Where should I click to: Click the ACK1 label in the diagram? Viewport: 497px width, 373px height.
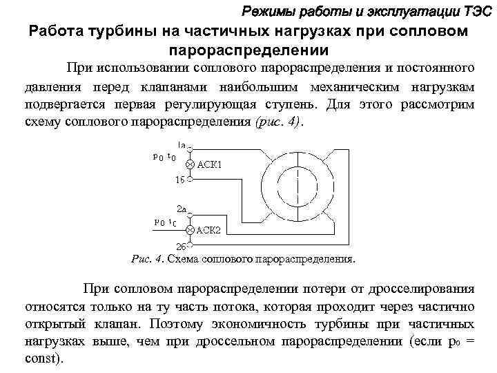(210, 164)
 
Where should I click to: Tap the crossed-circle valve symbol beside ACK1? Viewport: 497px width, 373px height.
(190, 164)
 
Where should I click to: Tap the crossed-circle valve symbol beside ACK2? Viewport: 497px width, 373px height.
(190, 229)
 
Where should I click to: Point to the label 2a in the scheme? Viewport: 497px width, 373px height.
(182, 208)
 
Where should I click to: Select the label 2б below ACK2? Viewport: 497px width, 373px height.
(181, 247)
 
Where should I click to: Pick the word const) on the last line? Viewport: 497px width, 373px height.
(43, 359)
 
